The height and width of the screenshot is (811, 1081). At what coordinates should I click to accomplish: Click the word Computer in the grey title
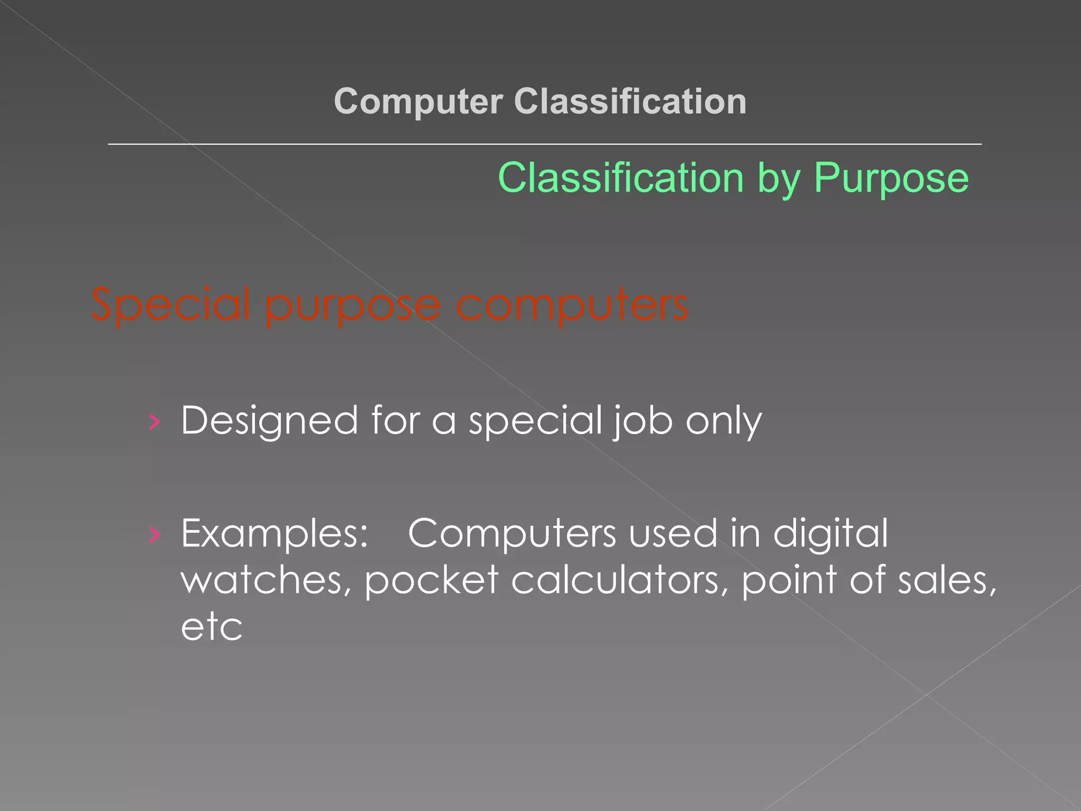pyautogui.click(x=418, y=101)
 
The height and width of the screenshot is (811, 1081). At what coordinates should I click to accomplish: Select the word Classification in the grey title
pyautogui.click(x=630, y=101)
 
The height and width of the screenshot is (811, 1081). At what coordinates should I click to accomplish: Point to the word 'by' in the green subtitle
pyautogui.click(x=779, y=178)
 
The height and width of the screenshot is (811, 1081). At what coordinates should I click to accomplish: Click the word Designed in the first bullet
pyautogui.click(x=270, y=421)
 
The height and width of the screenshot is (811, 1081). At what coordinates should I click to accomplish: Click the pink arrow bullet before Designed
pyautogui.click(x=154, y=422)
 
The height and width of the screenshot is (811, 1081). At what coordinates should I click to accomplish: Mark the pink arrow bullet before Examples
pyautogui.click(x=154, y=535)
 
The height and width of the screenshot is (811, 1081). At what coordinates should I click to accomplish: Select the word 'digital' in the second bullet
pyautogui.click(x=831, y=533)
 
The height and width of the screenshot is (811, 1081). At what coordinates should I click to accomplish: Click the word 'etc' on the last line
pyautogui.click(x=212, y=627)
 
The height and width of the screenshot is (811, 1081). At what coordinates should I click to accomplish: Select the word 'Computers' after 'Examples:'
pyautogui.click(x=512, y=533)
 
